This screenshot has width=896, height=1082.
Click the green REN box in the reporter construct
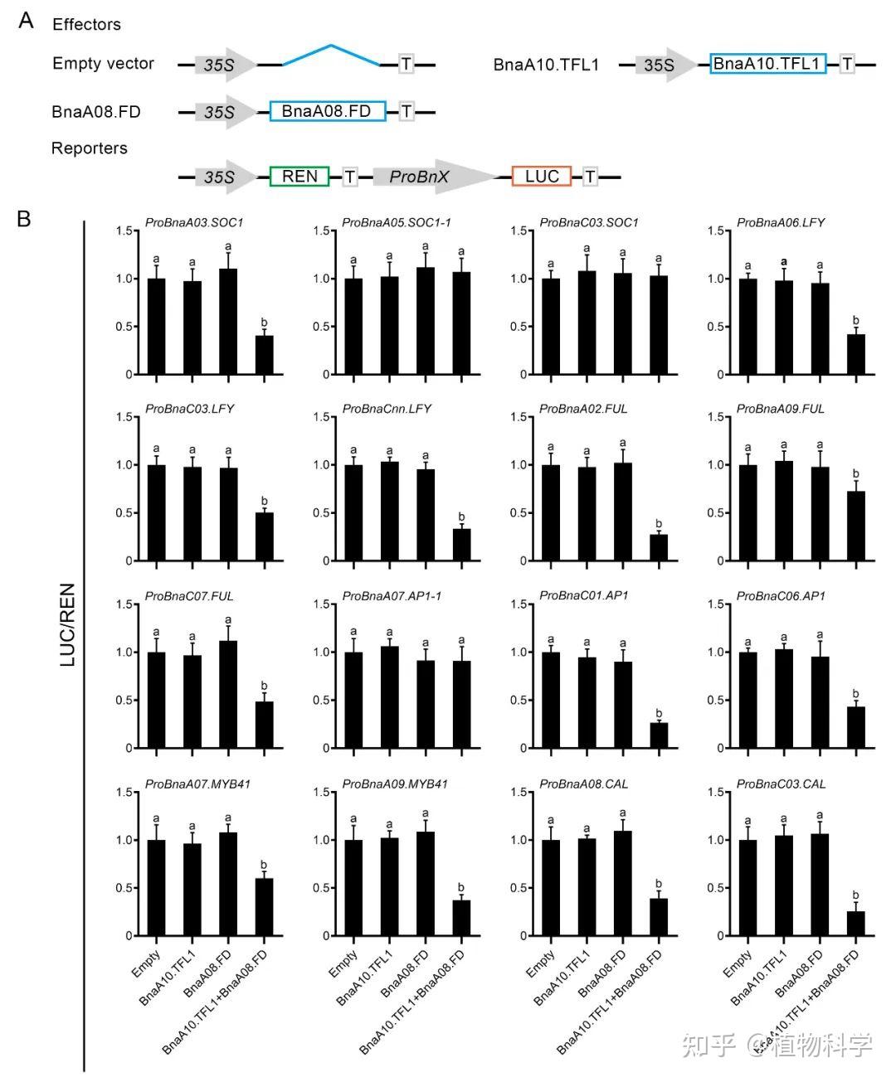pos(299,177)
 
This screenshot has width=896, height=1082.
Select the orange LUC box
pos(542,177)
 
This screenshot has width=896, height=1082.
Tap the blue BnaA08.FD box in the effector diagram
pos(328,111)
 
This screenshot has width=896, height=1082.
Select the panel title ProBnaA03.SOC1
pos(194,222)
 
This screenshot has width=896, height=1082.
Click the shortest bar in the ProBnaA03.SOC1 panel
pos(265,355)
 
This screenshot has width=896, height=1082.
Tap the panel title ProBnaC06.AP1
pos(781,596)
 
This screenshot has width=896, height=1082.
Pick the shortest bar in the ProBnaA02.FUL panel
pos(659,548)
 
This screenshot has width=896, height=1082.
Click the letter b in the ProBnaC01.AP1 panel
pos(659,713)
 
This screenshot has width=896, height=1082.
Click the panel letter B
pos(24,219)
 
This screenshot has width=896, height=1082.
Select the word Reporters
pos(90,148)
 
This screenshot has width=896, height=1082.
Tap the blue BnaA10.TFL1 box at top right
pos(767,64)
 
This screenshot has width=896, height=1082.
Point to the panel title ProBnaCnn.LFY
pos(387,409)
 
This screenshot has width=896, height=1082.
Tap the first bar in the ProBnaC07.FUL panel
pos(156,700)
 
